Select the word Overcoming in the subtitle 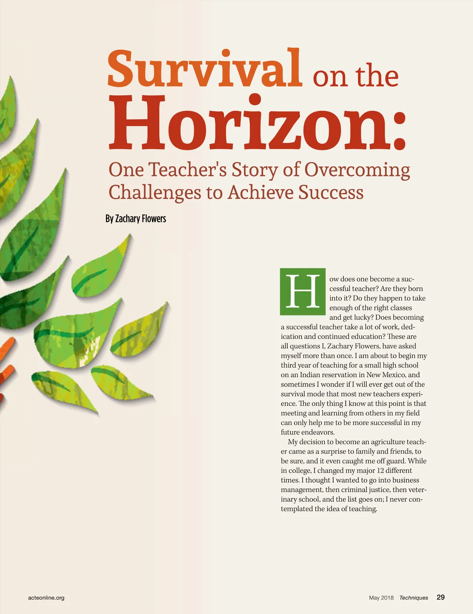click(x=357, y=170)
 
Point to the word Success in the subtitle click(x=331, y=193)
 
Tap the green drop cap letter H click(x=303, y=292)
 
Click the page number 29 click(x=441, y=597)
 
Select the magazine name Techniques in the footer click(x=413, y=598)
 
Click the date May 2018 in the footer click(x=381, y=598)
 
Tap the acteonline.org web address click(x=46, y=598)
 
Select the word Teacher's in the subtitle click(x=188, y=170)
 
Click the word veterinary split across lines click(x=418, y=490)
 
